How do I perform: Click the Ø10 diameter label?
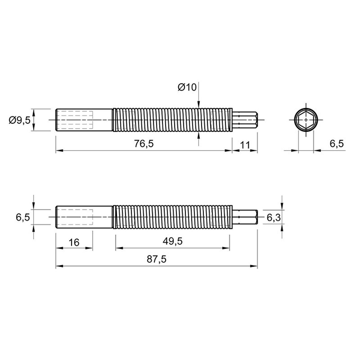(187, 87)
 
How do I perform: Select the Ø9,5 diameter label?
(20, 120)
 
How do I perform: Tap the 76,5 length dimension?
(144, 144)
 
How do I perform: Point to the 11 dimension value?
(245, 145)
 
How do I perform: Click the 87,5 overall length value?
(156, 259)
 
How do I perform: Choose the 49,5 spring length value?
(173, 241)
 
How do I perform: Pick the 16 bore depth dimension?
(74, 243)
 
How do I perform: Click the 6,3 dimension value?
(274, 217)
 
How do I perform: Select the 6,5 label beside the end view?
(337, 144)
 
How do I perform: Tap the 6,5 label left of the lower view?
(23, 217)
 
